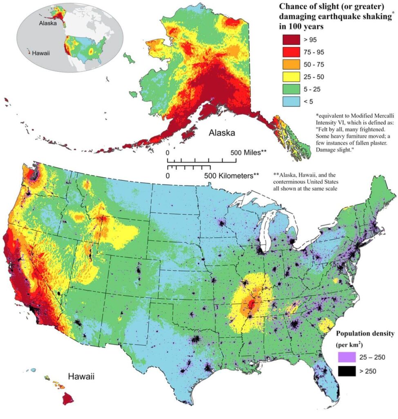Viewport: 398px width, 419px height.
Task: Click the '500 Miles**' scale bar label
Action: click(x=249, y=153)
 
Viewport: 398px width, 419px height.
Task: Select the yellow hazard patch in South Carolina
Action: click(x=326, y=326)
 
